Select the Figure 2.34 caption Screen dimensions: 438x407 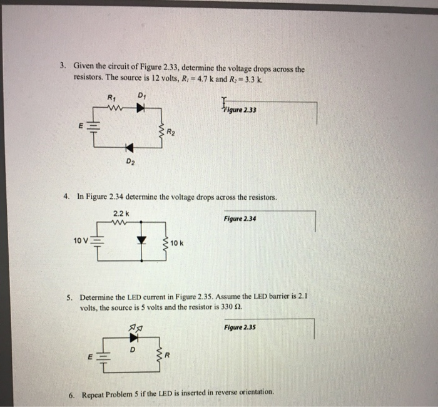click(240, 219)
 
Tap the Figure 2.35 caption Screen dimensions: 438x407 click(240, 327)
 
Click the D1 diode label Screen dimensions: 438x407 click(141, 96)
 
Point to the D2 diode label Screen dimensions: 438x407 click(130, 162)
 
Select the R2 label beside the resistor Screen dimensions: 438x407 click(172, 132)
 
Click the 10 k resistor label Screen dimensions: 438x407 click(177, 242)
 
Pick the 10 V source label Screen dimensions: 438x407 click(80, 240)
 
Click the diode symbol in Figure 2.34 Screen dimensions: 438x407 click(141, 240)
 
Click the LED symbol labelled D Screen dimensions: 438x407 click(133, 337)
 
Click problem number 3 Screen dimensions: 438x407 click(63, 65)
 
